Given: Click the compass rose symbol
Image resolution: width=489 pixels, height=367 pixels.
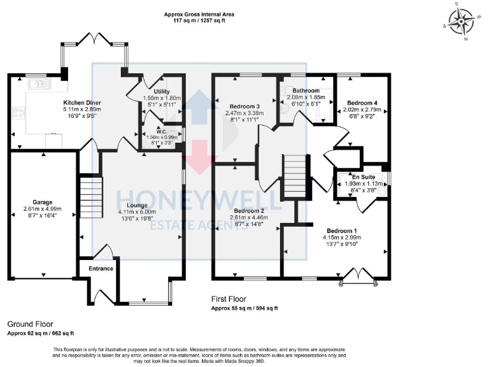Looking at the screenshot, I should pos(461,21).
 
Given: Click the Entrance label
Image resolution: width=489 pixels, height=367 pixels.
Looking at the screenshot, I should pos(101,268).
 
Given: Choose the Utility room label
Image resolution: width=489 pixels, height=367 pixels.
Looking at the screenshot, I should pos(162,92).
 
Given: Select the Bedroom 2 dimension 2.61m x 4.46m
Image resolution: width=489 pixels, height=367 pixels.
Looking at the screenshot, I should pos(248,217).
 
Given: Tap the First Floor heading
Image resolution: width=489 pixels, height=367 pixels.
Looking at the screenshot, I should pos(229,299).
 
